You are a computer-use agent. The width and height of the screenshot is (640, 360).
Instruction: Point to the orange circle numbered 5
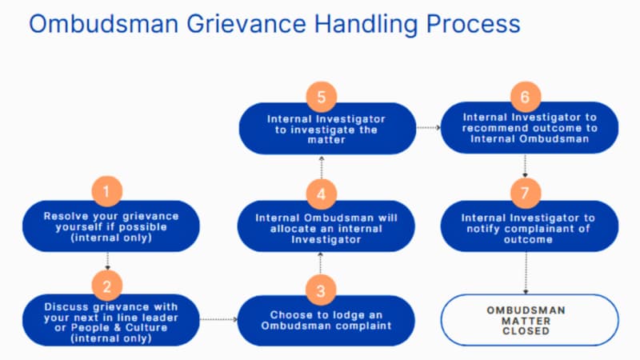pos(321,98)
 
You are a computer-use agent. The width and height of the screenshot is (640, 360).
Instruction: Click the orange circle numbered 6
pos(525,98)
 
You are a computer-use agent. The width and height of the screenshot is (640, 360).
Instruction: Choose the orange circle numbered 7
pos(525,193)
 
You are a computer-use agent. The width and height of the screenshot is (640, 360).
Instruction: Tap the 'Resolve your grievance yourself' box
pos(111,226)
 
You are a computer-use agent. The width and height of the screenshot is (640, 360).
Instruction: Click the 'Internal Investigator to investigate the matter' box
pos(326,129)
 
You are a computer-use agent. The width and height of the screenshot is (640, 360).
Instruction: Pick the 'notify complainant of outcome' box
pos(529,228)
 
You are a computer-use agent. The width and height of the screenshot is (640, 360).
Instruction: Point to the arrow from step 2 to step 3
pos(218,320)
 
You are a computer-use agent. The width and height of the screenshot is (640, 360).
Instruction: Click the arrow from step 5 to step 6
pos(429,127)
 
